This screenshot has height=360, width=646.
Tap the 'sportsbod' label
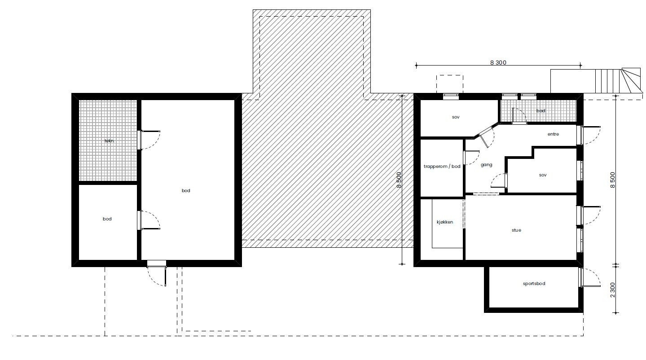534,284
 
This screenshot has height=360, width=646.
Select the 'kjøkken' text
445,222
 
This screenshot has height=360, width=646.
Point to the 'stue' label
516,230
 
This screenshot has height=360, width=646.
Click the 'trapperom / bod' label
442,167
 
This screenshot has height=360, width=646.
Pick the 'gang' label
486,165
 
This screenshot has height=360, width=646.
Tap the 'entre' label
553,134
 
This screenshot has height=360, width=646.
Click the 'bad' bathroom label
541,110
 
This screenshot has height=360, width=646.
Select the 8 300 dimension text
498,62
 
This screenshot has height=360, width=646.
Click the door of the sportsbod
589,278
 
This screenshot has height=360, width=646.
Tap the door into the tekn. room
148,139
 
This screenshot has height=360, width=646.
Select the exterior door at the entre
590,135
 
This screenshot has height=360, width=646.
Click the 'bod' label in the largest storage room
186,191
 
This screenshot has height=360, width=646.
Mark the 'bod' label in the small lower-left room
107,219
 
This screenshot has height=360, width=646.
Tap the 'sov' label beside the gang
543,175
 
